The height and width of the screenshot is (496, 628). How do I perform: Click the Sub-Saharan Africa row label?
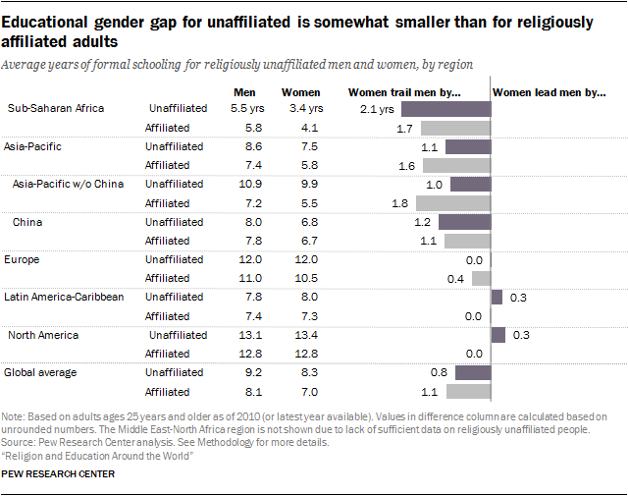[x=54, y=108]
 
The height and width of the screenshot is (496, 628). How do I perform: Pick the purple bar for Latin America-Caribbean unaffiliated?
[x=497, y=297]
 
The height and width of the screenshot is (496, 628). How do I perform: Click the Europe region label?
[x=24, y=259]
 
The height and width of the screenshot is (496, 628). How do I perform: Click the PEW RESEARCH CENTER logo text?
[x=59, y=474]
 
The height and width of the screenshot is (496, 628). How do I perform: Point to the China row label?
[x=27, y=222]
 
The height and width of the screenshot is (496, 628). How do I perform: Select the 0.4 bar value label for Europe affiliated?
[x=455, y=278]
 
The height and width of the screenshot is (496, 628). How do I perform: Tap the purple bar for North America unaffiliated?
[x=497, y=335]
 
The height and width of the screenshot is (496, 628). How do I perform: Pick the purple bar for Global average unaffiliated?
[x=472, y=372]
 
